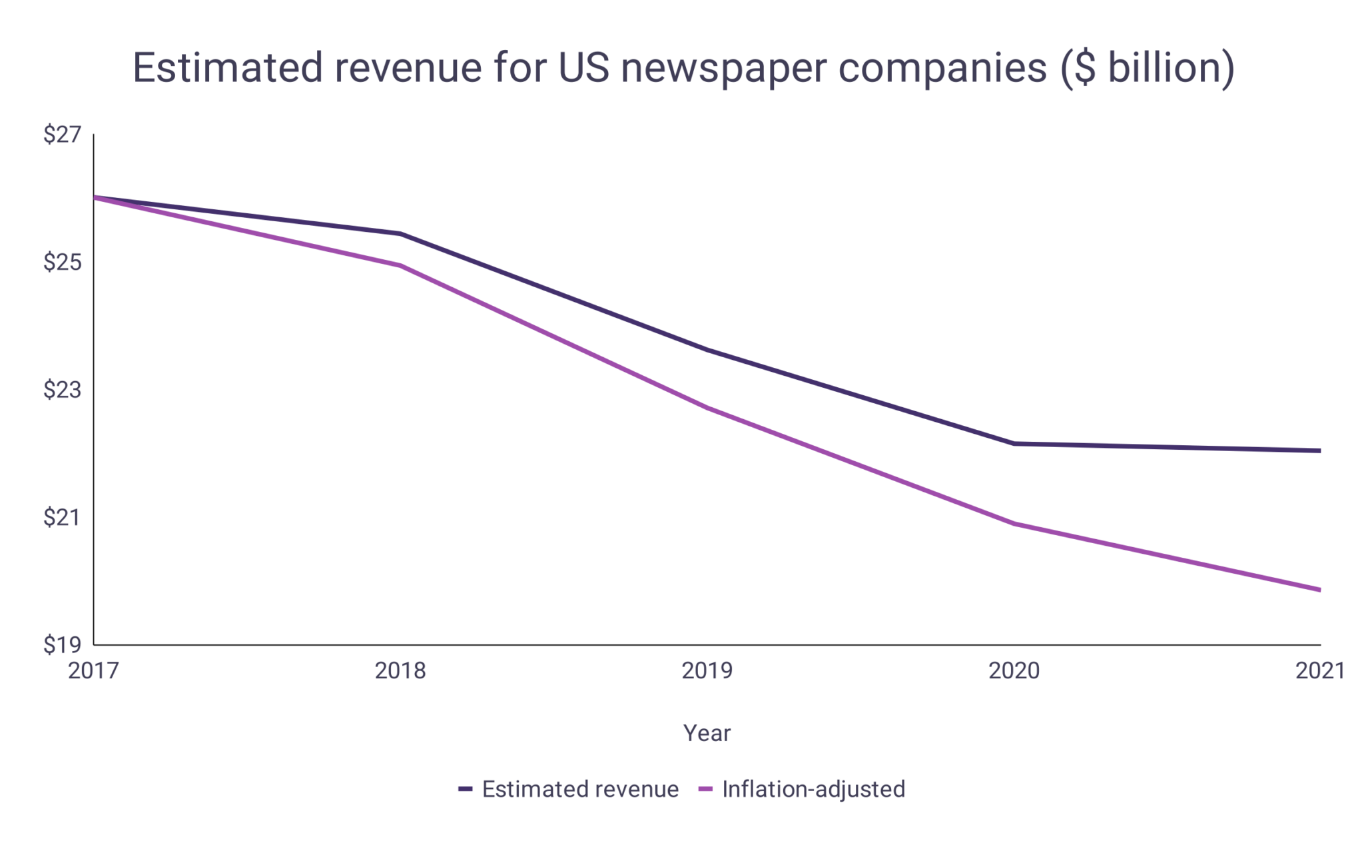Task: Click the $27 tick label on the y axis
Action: pyautogui.click(x=62, y=135)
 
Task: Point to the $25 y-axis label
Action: pyautogui.click(x=62, y=263)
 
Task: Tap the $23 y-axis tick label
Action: pyautogui.click(x=62, y=390)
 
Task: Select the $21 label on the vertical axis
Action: pyautogui.click(x=62, y=517)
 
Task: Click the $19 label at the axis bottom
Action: pyautogui.click(x=62, y=645)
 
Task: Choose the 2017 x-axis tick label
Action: pyautogui.click(x=93, y=670)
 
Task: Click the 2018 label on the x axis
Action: pyautogui.click(x=400, y=670)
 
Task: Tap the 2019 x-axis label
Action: pyautogui.click(x=707, y=670)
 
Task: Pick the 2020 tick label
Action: pyautogui.click(x=1014, y=670)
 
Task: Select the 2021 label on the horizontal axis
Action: pyautogui.click(x=1319, y=670)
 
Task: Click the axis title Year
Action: pyautogui.click(x=707, y=733)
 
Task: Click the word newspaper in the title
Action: pyautogui.click(x=723, y=68)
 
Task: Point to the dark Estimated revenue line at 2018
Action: pyautogui.click(x=400, y=234)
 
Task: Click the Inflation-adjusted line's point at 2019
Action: pyautogui.click(x=707, y=408)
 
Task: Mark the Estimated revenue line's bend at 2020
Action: pyautogui.click(x=1014, y=443)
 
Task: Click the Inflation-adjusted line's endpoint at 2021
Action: pyautogui.click(x=1319, y=590)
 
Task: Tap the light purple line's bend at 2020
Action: pyautogui.click(x=1014, y=524)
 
